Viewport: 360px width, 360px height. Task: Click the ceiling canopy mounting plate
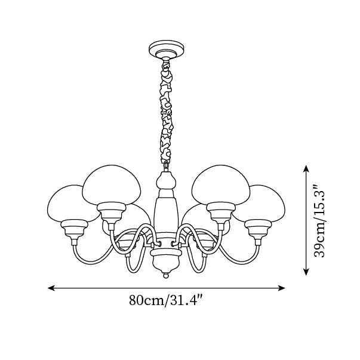167,50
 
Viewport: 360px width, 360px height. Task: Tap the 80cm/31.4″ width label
167,300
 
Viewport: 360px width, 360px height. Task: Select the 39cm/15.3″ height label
320,220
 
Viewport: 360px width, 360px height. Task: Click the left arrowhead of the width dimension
51,288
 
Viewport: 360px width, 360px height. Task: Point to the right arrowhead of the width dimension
281,288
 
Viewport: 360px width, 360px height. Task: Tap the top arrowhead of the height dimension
306,168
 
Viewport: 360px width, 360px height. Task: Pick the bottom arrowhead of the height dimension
306,272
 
